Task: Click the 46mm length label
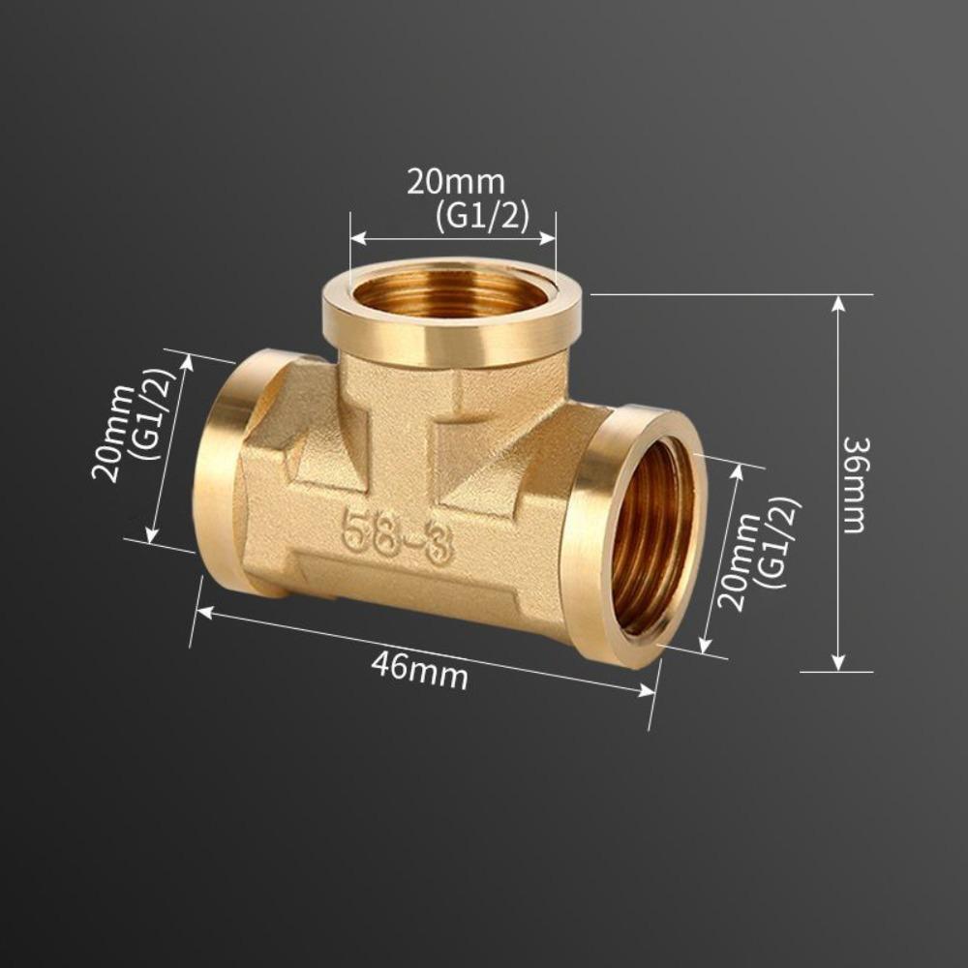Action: pyautogui.click(x=419, y=671)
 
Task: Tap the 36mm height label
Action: pyautogui.click(x=855, y=484)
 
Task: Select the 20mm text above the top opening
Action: pyautogui.click(x=455, y=182)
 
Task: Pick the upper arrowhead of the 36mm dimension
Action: pyautogui.click(x=838, y=302)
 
